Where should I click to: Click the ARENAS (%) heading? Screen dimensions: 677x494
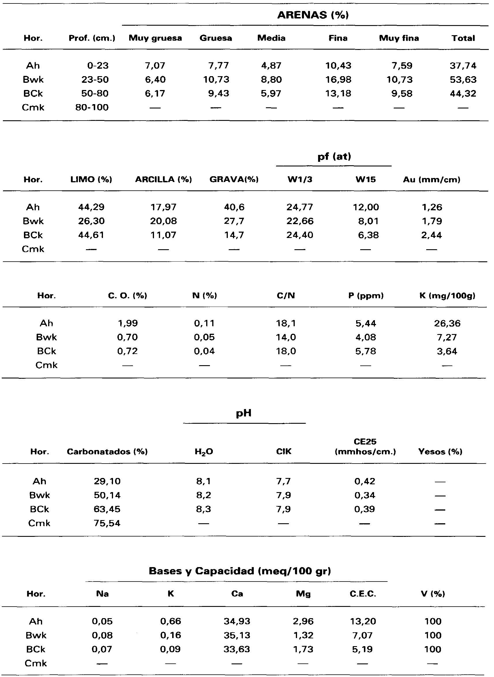pos(313,15)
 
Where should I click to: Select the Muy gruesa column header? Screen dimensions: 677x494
pos(155,38)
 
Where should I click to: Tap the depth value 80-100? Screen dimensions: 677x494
pos(92,108)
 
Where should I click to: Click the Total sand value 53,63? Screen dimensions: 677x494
pos(463,80)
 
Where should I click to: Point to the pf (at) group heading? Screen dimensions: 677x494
pos(334,156)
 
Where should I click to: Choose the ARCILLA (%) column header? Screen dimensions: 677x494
pos(163,180)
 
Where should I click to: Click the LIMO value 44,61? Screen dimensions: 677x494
pos(91,235)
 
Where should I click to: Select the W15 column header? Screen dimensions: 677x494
pos(365,180)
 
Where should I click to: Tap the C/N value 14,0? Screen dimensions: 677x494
pos(286,337)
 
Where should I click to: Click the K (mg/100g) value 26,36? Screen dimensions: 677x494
pos(447,324)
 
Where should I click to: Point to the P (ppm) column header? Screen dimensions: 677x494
pos(366,296)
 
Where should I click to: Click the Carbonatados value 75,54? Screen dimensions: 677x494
pos(107,523)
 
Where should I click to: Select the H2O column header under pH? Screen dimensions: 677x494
pos(204,451)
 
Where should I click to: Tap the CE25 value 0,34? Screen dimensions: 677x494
pos(365,496)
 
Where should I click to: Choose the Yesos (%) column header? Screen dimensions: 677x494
pos(440,451)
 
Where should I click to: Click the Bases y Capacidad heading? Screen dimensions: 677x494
pos(240,571)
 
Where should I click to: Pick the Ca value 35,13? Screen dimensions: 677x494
pos(236,635)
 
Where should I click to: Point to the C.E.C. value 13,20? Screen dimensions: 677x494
pos(362,621)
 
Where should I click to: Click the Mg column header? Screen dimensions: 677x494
pos(303,594)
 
